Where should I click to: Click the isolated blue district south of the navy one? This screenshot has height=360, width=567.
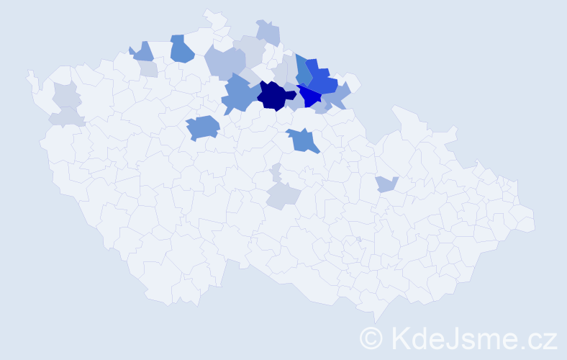[304, 140]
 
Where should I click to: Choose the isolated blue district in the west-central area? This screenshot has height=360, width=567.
[203, 128]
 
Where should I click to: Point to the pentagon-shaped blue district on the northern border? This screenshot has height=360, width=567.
[181, 48]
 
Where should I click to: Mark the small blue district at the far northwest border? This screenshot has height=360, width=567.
[142, 52]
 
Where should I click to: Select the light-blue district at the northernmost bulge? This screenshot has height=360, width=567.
[268, 33]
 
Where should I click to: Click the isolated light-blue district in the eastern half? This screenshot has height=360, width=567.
[386, 184]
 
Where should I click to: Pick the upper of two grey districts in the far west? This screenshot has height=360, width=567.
[65, 94]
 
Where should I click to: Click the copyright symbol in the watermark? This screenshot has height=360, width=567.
[371, 337]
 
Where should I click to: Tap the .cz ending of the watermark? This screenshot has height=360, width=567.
[540, 337]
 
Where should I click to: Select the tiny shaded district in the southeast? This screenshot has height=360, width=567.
[358, 239]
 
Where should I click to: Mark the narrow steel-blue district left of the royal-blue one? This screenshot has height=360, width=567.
[303, 71]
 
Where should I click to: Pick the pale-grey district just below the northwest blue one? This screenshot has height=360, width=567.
[148, 69]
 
